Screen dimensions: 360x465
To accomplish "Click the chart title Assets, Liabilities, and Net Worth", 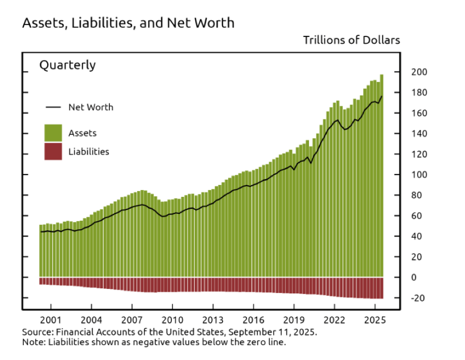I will (x=128, y=23).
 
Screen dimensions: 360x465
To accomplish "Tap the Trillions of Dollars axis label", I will (x=351, y=40).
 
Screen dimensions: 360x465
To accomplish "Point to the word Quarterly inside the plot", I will (x=67, y=65).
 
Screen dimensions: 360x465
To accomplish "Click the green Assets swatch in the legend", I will (x=53, y=133).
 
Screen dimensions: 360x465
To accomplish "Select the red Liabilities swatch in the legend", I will (x=53, y=152).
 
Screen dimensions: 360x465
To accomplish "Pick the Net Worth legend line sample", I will (x=53, y=107).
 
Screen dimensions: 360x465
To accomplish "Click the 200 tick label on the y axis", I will (x=418, y=72).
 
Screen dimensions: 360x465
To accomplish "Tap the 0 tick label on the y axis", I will (x=413, y=277).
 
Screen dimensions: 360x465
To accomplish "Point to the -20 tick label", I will (x=416, y=298).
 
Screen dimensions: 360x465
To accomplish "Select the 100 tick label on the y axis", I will (x=418, y=175).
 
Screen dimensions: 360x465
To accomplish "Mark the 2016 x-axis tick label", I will (x=253, y=319).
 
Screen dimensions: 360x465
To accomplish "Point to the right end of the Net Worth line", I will (x=382, y=96).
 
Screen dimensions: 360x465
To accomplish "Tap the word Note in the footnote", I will (x=32, y=342).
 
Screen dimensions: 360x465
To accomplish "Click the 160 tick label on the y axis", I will (x=418, y=113).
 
